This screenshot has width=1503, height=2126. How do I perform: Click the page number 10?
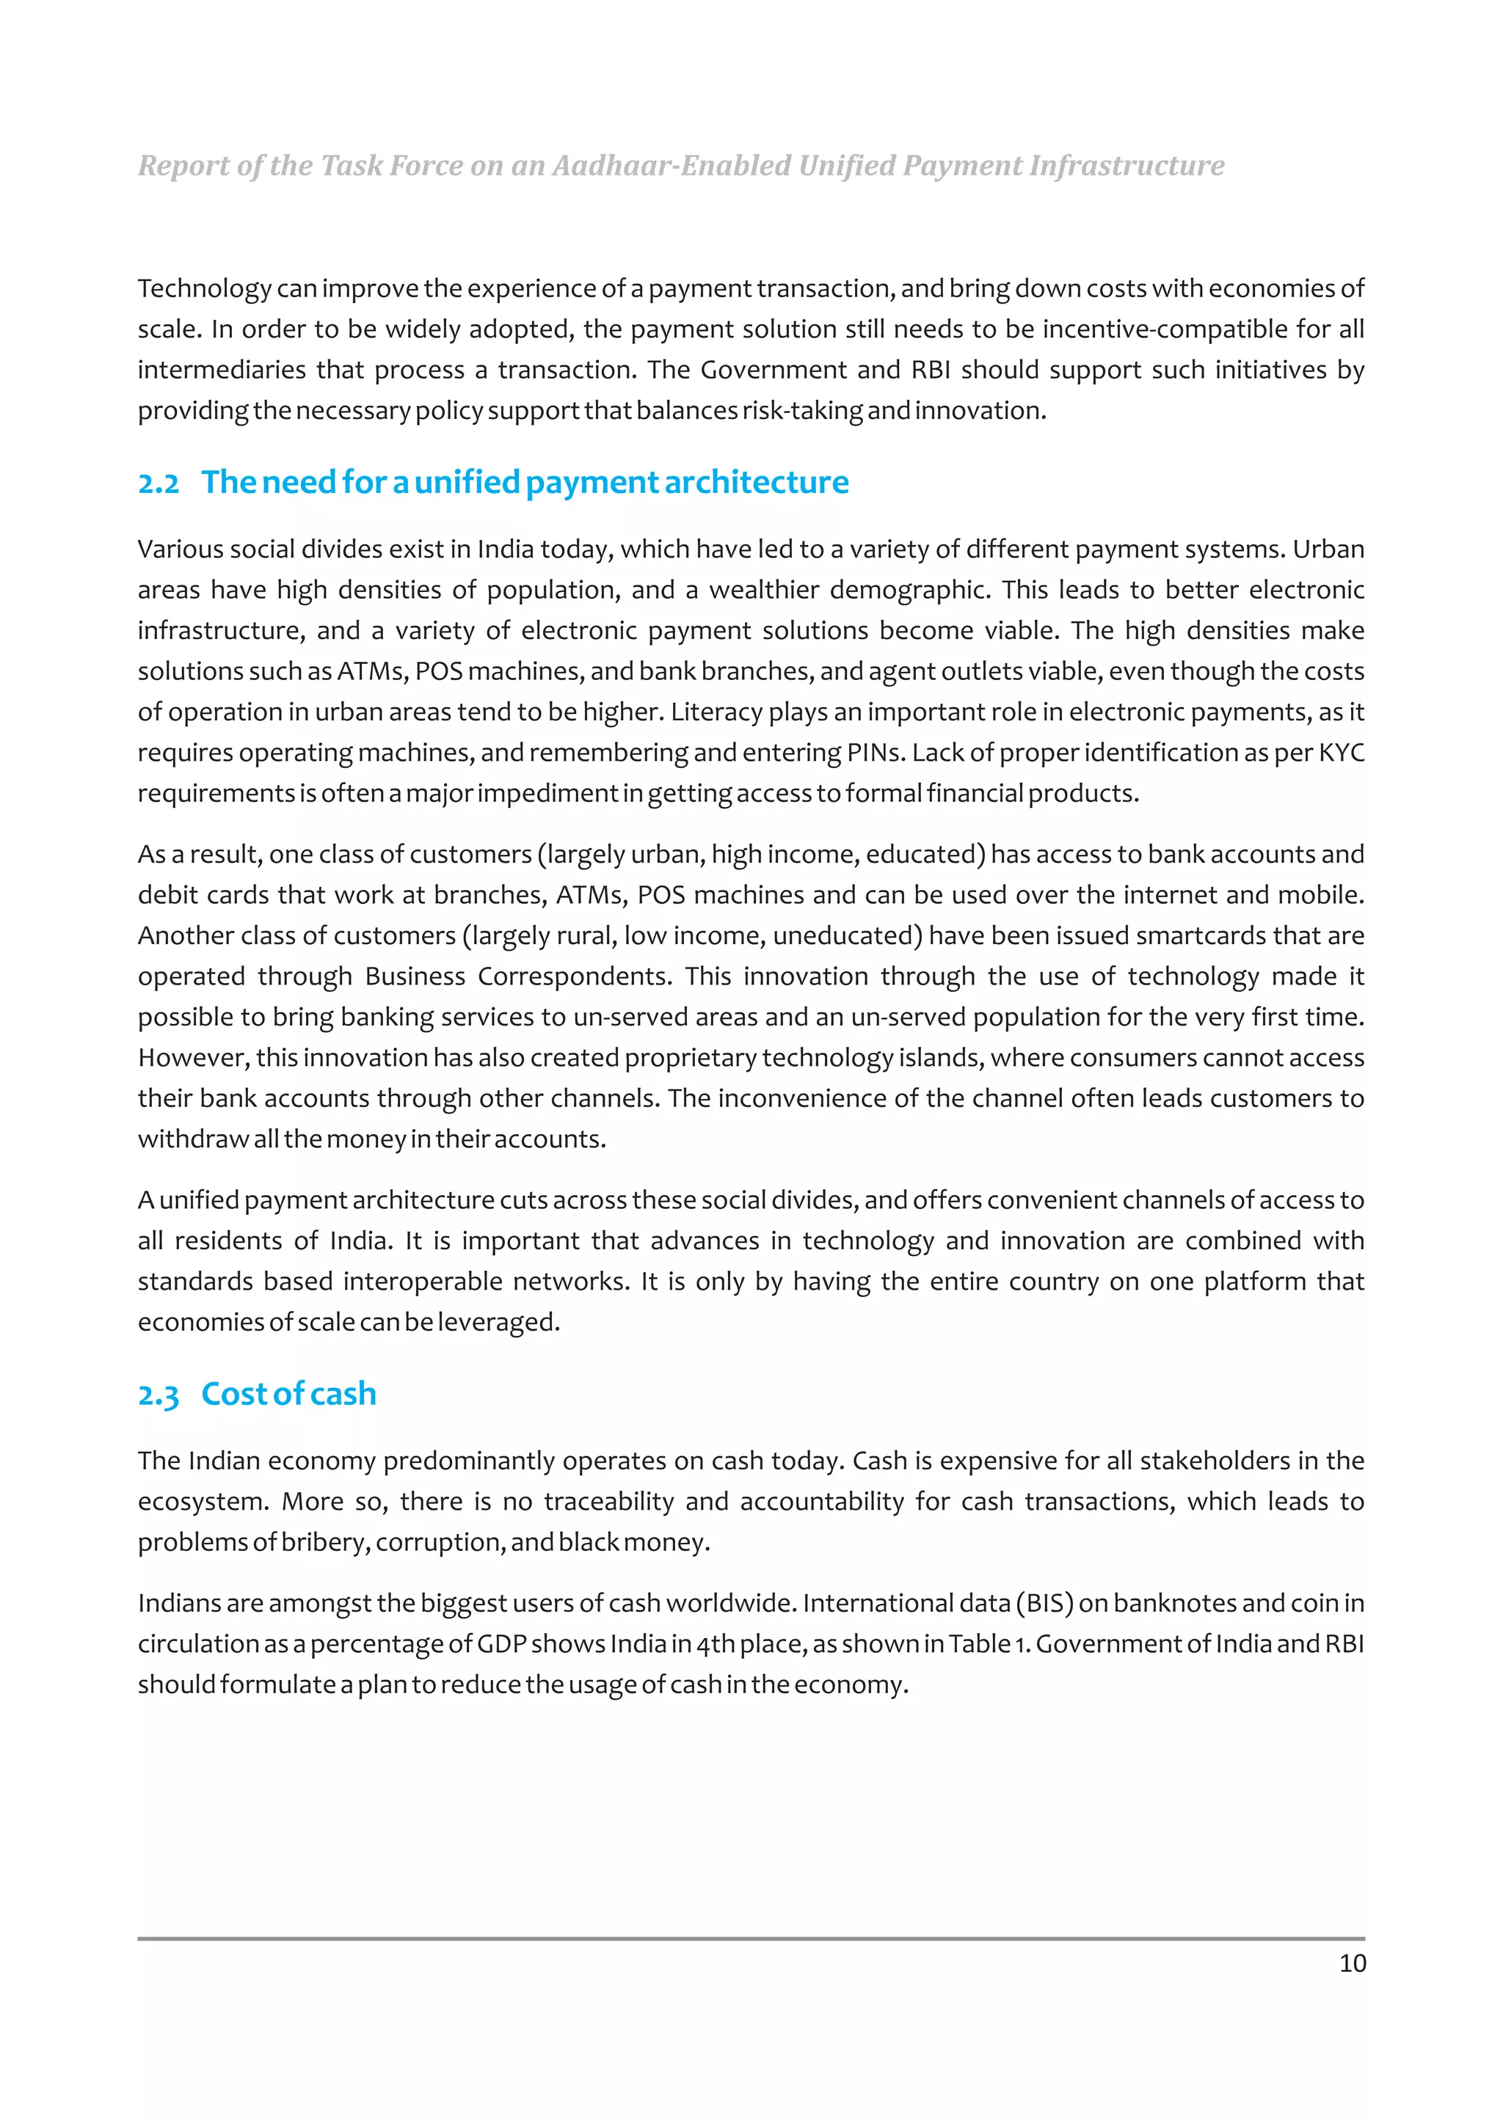[x=1351, y=1963]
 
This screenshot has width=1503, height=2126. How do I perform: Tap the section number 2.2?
[x=159, y=483]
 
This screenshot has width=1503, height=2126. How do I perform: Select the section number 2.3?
[x=159, y=1395]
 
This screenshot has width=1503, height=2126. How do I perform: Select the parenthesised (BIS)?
[x=1044, y=1603]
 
